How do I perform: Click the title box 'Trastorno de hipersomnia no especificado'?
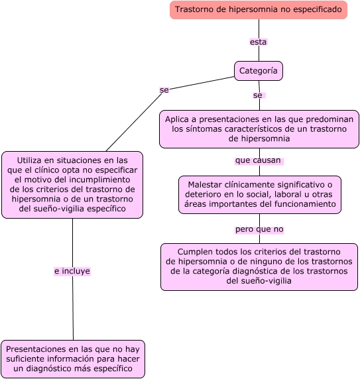259,10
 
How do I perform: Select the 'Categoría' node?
259,71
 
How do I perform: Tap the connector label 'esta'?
258,42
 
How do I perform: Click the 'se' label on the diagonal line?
164,89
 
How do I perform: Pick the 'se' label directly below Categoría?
258,95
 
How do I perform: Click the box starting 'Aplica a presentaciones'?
259,129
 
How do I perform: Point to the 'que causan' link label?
258,160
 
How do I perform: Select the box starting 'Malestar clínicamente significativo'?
259,195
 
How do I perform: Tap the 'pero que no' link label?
259,229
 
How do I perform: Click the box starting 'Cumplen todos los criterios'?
259,266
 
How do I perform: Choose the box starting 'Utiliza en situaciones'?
72,184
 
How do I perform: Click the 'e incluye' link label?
72,271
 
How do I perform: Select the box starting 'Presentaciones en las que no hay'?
73,358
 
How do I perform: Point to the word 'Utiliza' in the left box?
31,160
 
